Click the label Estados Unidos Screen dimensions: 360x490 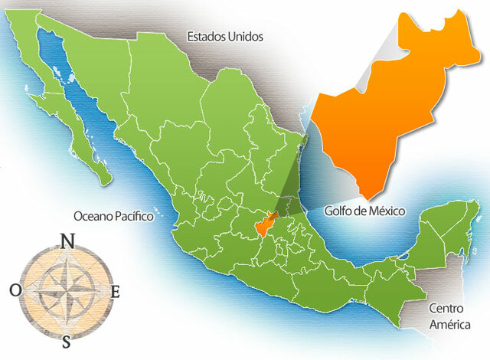(x=225, y=36)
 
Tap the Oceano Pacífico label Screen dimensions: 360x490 (x=113, y=217)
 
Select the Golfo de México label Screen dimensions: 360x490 (x=364, y=211)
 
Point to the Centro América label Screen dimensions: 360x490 (x=448, y=316)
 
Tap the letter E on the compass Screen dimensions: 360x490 (x=116, y=291)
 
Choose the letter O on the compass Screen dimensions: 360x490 (x=15, y=290)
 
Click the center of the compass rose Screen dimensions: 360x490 (x=67, y=290)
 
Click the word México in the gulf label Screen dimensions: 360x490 (x=385, y=211)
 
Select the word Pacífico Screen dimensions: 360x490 (x=133, y=217)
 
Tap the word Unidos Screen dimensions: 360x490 (x=246, y=36)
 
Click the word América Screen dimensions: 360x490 (x=448, y=325)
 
